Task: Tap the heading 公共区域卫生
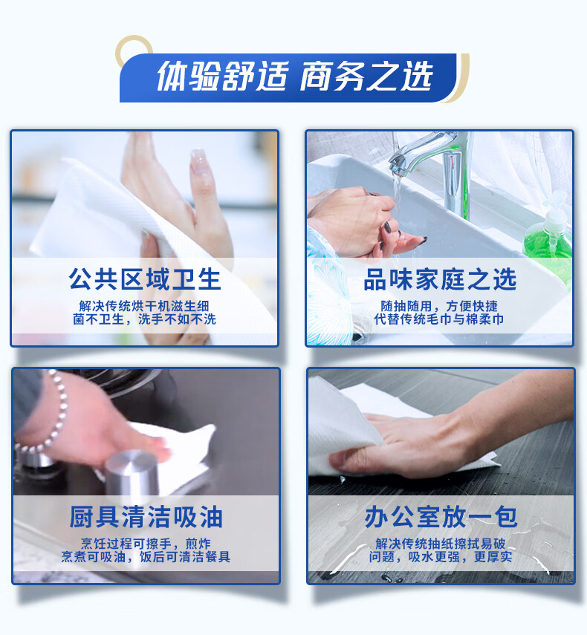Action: (145, 280)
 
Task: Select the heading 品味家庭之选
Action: (440, 280)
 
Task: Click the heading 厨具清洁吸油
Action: (146, 518)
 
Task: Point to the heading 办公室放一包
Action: (441, 518)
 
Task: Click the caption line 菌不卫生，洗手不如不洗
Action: (145, 319)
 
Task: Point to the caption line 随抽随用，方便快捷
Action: (440, 305)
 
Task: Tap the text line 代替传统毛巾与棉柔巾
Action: (440, 319)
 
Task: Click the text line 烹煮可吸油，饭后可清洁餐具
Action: (146, 557)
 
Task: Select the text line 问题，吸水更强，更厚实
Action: (441, 557)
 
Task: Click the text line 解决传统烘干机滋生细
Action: (145, 305)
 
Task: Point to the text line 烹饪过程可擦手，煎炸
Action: (146, 543)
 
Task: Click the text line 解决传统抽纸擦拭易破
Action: (441, 543)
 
